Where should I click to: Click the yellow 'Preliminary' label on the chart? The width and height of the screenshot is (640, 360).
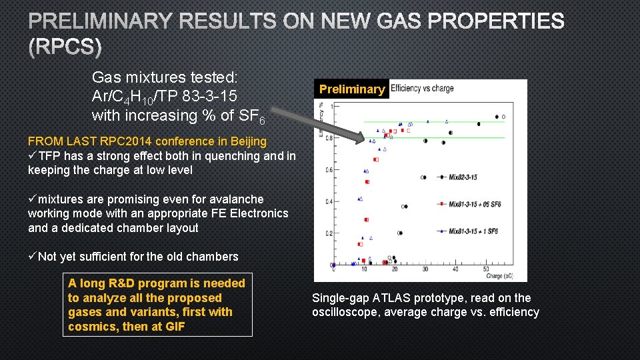[352, 89]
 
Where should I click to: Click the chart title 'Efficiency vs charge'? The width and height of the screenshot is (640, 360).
[422, 88]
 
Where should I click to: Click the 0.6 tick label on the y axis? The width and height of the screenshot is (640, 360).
[328, 170]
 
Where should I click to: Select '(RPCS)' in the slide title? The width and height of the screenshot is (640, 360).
[65, 47]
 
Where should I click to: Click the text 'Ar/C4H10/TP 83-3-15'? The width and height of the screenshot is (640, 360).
[165, 97]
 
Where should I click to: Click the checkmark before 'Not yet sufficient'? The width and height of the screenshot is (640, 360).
[33, 257]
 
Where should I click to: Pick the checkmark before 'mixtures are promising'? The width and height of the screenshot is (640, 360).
[33, 199]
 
